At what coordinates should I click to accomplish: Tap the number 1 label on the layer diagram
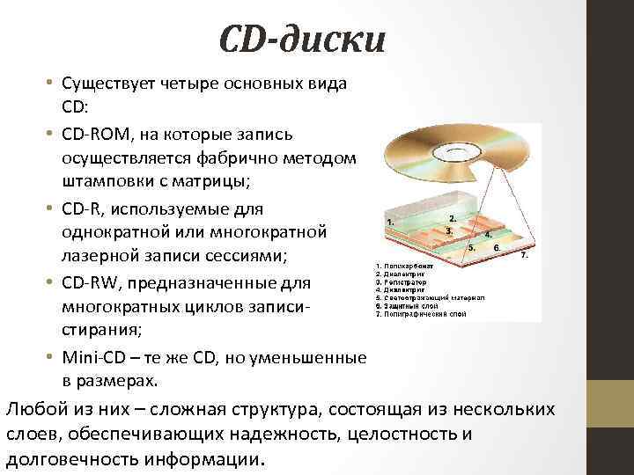pyautogui.click(x=389, y=223)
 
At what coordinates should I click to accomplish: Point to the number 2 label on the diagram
pyautogui.click(x=452, y=217)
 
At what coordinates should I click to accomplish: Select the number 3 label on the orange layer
pyautogui.click(x=449, y=231)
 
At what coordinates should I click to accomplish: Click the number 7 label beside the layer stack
pyautogui.click(x=525, y=256)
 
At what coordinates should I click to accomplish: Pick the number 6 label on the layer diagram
pyautogui.click(x=498, y=248)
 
